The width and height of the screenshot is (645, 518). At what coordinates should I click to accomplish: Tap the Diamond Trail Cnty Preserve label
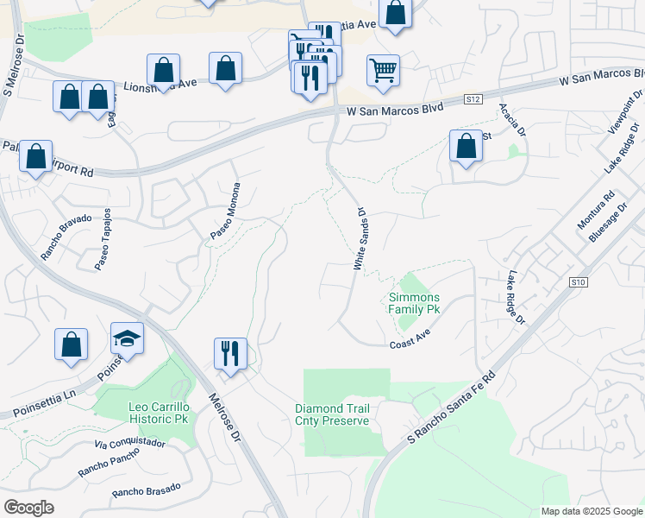click(332, 414)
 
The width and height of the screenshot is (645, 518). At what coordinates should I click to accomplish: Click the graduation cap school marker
click(127, 340)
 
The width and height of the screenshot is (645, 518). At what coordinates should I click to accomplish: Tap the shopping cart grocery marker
click(383, 71)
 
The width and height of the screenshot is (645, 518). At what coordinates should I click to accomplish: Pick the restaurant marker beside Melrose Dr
click(230, 355)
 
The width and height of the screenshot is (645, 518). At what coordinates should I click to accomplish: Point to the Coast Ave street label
click(410, 338)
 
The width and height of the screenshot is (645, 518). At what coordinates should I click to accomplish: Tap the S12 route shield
click(472, 100)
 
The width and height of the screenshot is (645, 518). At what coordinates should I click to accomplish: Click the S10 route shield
click(578, 282)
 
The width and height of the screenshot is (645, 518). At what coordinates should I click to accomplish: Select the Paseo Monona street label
click(224, 212)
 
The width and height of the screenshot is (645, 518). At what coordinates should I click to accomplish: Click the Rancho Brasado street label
click(146, 490)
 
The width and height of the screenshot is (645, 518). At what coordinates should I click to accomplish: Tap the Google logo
click(28, 508)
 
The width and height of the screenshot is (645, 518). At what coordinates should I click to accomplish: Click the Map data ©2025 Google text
click(591, 511)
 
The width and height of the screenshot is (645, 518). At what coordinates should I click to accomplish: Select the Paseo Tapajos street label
click(102, 238)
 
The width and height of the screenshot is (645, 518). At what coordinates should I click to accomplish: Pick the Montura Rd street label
click(596, 210)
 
